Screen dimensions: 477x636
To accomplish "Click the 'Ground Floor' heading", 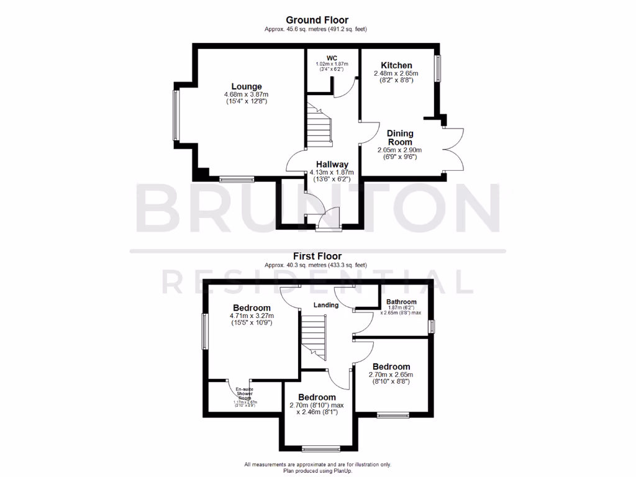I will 317,20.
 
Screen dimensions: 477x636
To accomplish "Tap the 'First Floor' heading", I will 317,256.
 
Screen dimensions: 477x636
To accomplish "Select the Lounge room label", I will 247,86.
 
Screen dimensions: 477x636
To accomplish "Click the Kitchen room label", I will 396,65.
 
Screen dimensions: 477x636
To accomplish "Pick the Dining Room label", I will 400,137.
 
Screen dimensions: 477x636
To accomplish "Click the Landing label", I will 325,305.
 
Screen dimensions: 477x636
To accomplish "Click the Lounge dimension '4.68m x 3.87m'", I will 246,94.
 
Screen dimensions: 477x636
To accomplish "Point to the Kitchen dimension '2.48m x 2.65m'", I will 396,73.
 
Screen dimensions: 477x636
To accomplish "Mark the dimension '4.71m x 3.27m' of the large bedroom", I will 252,316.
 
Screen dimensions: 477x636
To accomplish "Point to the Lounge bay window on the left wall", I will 175,116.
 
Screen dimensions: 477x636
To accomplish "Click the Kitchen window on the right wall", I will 438,68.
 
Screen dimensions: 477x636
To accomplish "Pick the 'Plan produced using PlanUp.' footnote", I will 317,470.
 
